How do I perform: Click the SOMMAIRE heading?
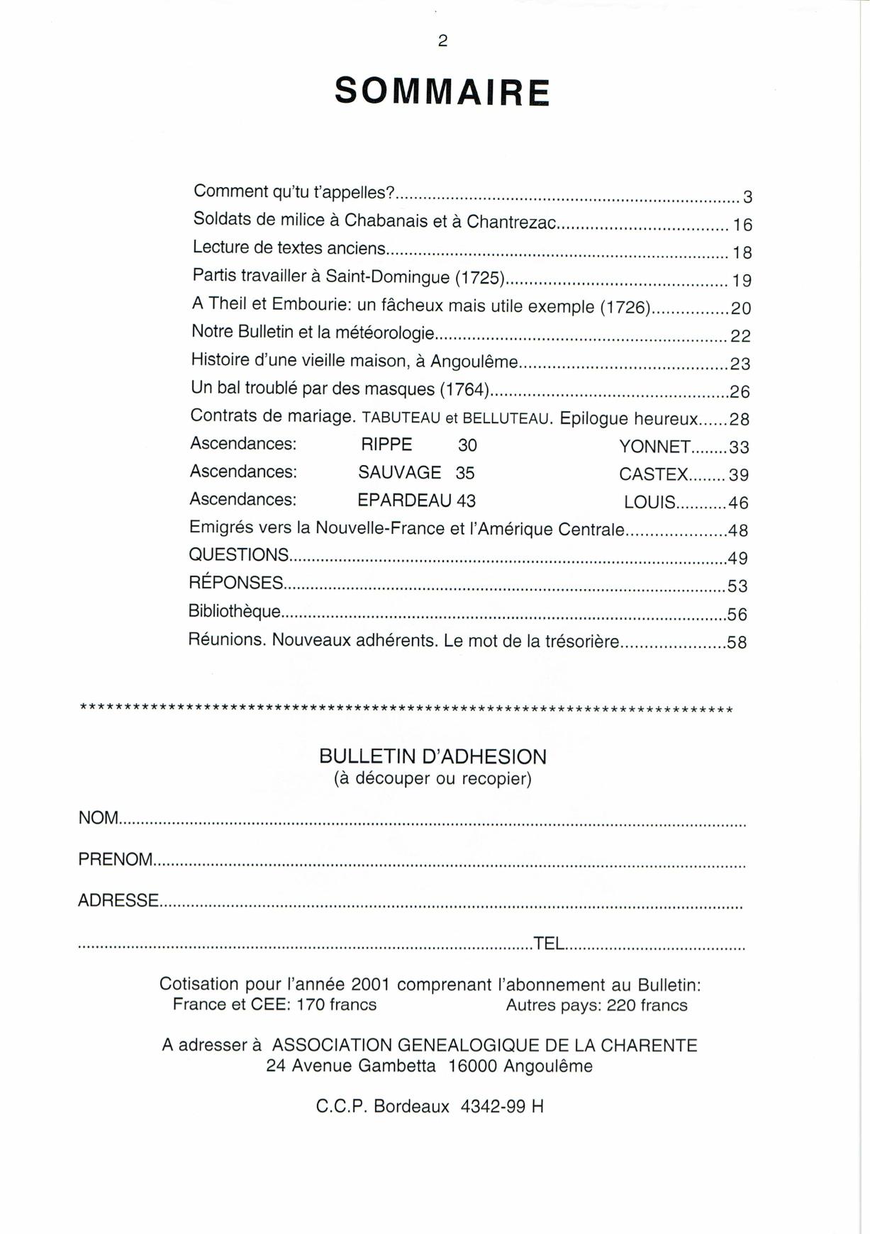[x=442, y=91]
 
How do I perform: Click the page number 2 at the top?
[x=442, y=41]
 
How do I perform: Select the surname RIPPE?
[x=386, y=445]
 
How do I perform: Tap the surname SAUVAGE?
[x=399, y=473]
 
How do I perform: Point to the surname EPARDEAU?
[x=404, y=500]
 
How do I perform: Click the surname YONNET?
[x=654, y=447]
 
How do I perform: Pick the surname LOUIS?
[x=649, y=503]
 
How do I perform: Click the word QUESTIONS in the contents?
[x=239, y=555]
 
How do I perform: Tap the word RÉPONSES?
[x=236, y=583]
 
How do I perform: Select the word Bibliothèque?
[x=234, y=611]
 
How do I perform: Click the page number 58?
[x=737, y=643]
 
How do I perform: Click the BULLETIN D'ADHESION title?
[x=433, y=757]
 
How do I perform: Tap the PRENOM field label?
[x=116, y=860]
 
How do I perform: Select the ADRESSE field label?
[x=118, y=901]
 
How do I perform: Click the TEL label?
[x=549, y=943]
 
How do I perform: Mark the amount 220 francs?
[x=647, y=1005]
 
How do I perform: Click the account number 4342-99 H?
[x=502, y=1106]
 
